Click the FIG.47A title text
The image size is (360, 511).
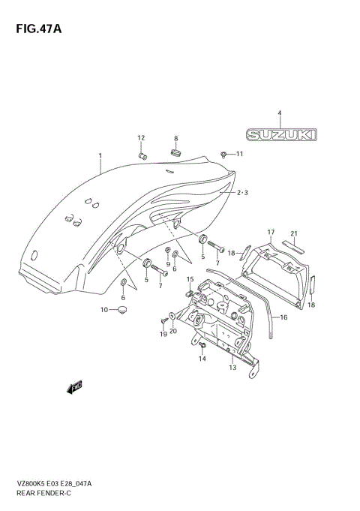pos(34,29)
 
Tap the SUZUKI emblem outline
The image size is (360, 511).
pos(279,134)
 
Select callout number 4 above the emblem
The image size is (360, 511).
pos(279,113)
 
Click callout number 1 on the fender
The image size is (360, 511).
pos(100,157)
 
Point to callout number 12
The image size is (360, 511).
pos(140,137)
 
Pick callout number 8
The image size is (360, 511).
pos(176,138)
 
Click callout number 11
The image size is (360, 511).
pos(240,154)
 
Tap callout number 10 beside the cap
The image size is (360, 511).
pos(104,310)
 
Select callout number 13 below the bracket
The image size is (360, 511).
pos(232,367)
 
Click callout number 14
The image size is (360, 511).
pos(202,359)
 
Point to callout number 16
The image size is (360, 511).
pos(283,318)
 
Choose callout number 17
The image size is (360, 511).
pos(271,232)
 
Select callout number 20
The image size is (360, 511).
pos(173,330)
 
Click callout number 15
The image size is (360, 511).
pos(190,279)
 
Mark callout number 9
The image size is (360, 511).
pos(168,263)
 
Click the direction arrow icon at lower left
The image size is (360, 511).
pos(73,387)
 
